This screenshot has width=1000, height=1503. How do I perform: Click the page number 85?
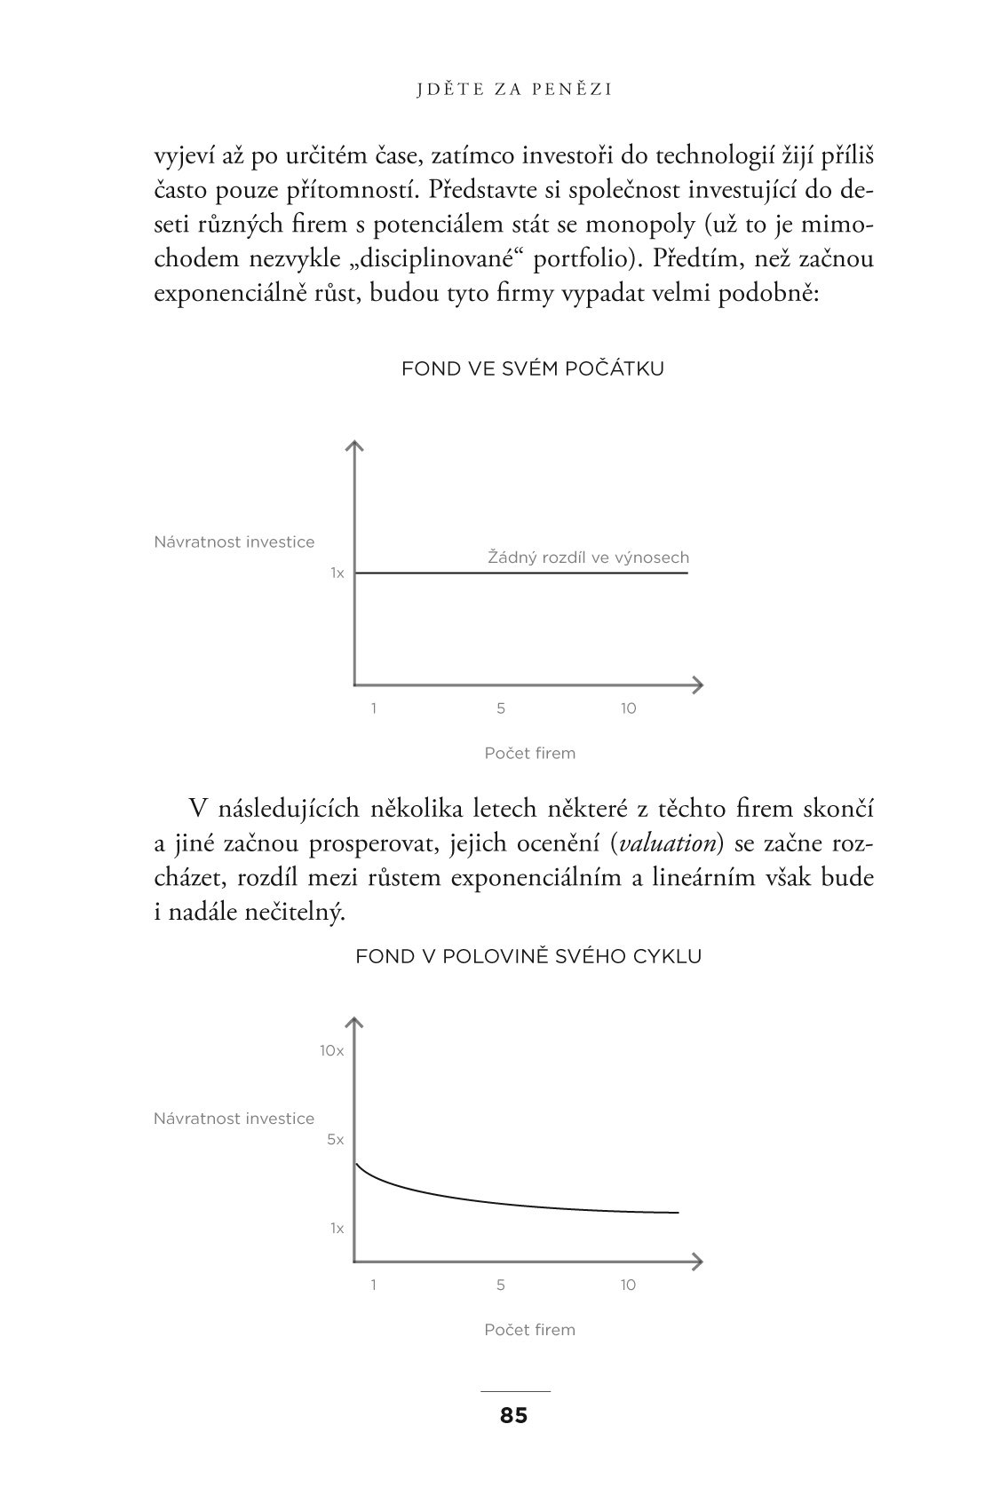(x=513, y=1415)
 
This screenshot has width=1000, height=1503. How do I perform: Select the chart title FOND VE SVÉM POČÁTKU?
(x=532, y=368)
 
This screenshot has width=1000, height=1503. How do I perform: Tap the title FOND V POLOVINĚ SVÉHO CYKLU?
(x=528, y=956)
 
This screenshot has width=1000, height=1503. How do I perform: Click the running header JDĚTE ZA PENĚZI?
(x=515, y=89)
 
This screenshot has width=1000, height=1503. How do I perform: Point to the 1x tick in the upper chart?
(x=337, y=574)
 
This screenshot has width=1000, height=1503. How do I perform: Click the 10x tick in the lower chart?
(x=331, y=1050)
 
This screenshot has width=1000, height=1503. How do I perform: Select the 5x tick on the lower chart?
(x=335, y=1139)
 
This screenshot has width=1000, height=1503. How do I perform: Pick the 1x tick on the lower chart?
(x=337, y=1228)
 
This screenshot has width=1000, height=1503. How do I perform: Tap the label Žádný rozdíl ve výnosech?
(x=588, y=558)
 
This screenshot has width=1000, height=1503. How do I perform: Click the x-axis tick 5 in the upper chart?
(x=501, y=708)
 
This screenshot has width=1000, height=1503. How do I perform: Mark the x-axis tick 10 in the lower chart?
(x=628, y=1285)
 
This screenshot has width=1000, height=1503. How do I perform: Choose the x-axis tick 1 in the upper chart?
(x=374, y=708)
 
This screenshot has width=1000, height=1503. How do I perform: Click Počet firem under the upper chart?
(x=530, y=753)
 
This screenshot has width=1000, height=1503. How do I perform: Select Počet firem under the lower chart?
(x=530, y=1329)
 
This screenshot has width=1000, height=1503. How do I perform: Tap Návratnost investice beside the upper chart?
(x=234, y=542)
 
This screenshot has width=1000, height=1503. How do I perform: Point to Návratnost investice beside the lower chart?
(x=234, y=1119)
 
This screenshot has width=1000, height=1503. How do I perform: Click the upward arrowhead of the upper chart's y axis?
(x=354, y=446)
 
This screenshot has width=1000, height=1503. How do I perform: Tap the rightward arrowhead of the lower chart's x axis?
(x=698, y=1261)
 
